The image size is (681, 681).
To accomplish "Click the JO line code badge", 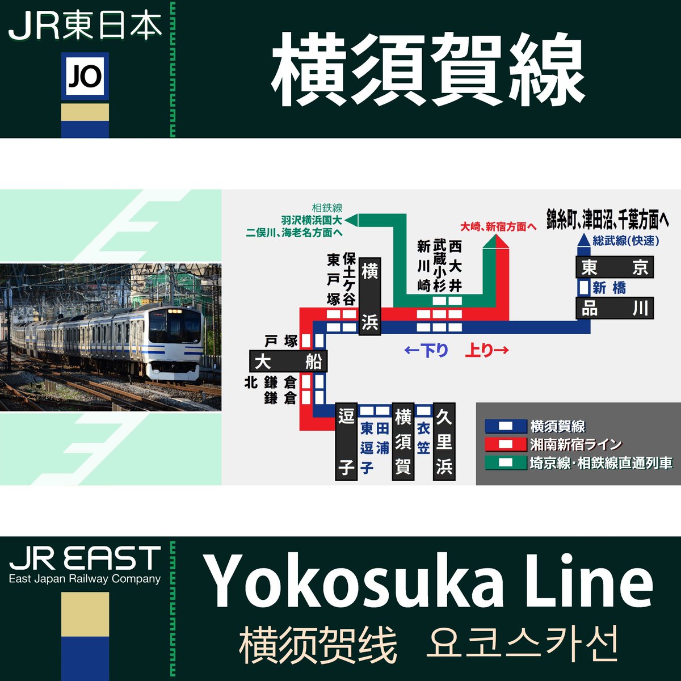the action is pyautogui.click(x=85, y=76).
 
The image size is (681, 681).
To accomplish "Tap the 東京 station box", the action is pyautogui.click(x=615, y=267).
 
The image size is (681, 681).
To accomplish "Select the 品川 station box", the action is pyautogui.click(x=615, y=308).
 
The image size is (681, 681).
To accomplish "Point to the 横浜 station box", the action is pyautogui.click(x=369, y=296).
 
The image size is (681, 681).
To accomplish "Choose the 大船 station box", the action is pyautogui.click(x=288, y=361).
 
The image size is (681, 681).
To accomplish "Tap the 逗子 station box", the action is pyautogui.click(x=346, y=442).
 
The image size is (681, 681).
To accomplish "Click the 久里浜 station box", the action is pyautogui.click(x=444, y=442).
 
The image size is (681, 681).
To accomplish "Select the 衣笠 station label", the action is pyautogui.click(x=423, y=437).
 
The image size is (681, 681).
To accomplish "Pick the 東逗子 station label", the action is pyautogui.click(x=367, y=447).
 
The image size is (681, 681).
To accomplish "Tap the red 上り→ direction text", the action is pyautogui.click(x=486, y=351).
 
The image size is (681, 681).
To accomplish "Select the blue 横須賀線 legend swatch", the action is pyautogui.click(x=505, y=426).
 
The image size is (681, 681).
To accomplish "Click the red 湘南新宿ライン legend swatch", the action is pyautogui.click(x=505, y=444).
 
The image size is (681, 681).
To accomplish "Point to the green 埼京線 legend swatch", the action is pyautogui.click(x=505, y=463).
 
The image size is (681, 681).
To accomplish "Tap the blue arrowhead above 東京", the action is pyautogui.click(x=583, y=241).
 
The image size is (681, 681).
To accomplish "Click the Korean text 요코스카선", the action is pyautogui.click(x=522, y=644).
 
